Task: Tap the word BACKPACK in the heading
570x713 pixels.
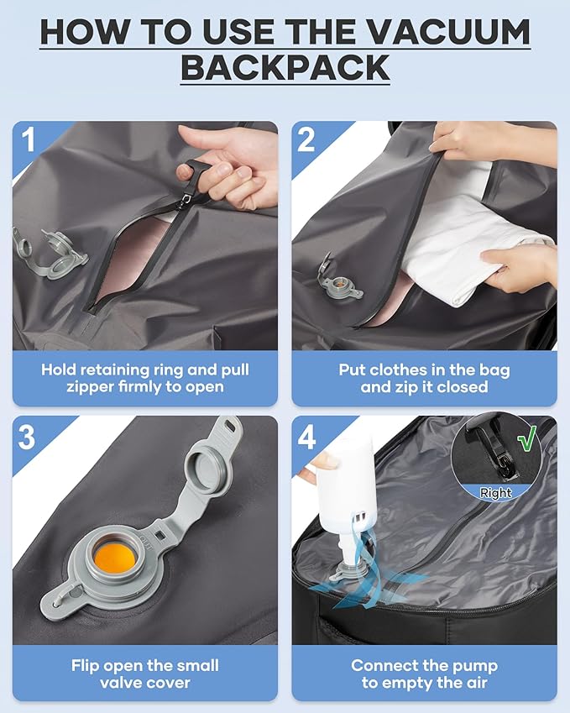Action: coord(285,68)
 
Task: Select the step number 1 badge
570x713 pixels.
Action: coord(29,139)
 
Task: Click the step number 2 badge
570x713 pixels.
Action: coord(306,139)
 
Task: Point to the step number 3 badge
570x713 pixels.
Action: coord(27,437)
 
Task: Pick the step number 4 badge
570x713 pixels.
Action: coord(306,438)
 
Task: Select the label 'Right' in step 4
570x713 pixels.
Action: coord(495,492)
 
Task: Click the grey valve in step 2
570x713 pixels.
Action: coord(339,281)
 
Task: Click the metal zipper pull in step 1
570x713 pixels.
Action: coord(187,200)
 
